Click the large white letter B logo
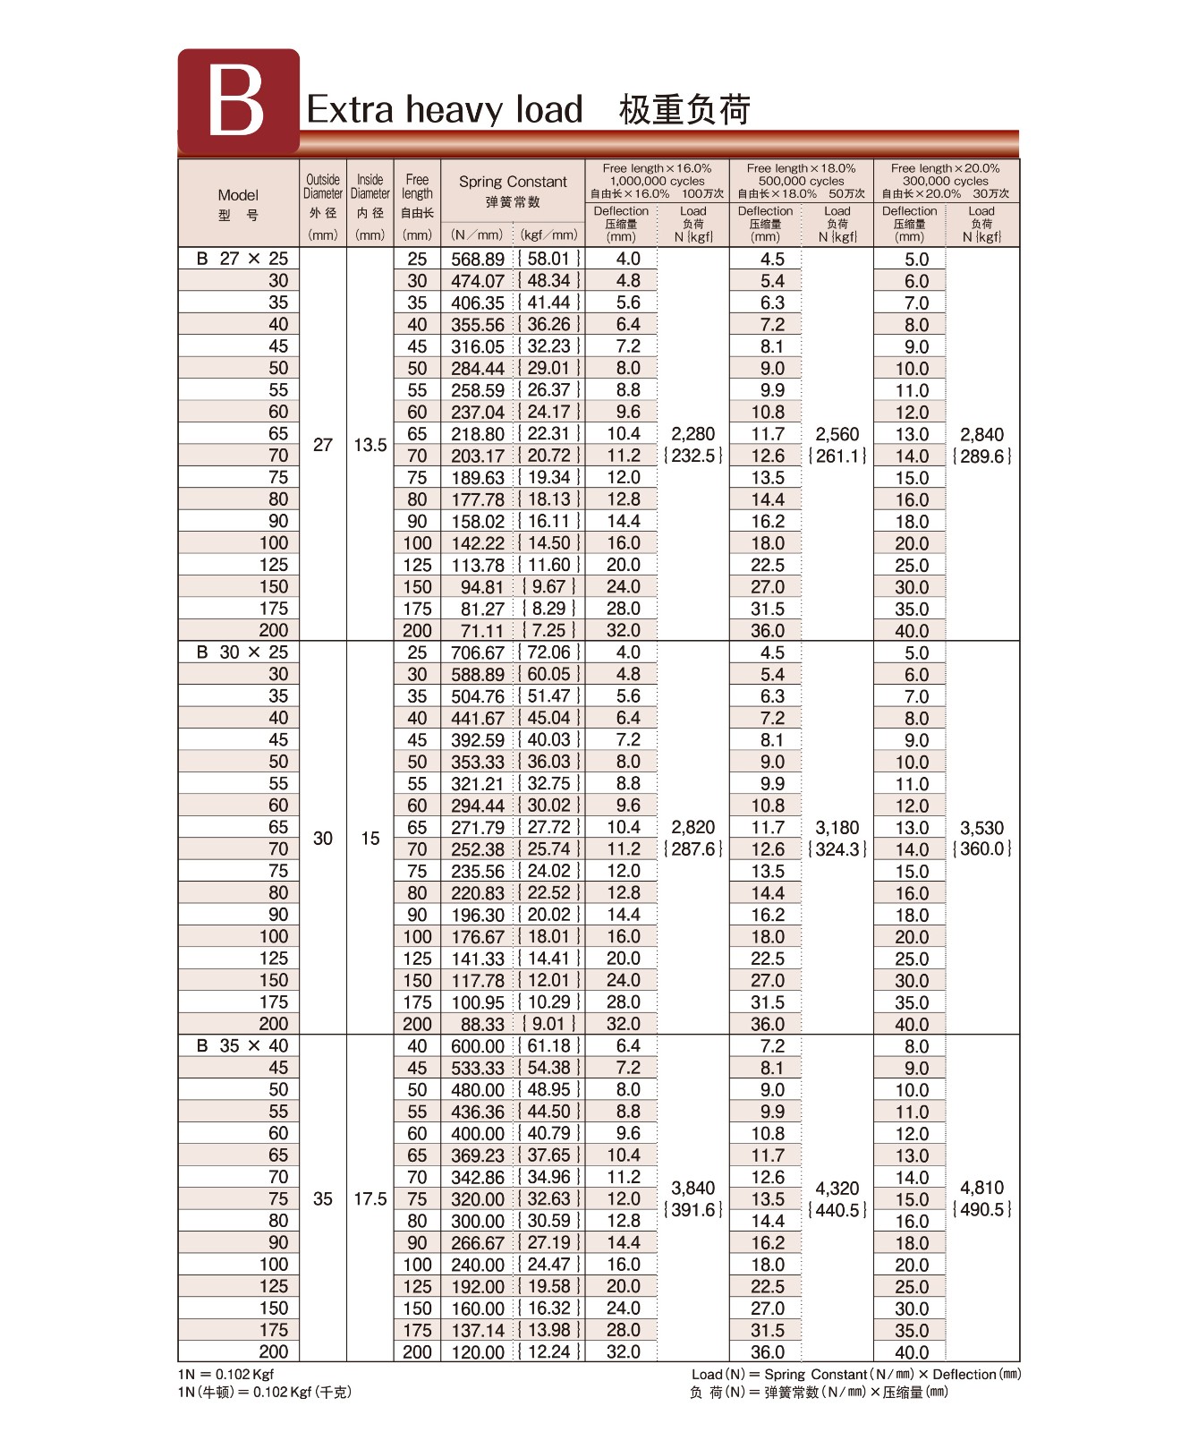pos(236,101)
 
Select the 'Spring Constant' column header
pos(513,182)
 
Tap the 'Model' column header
pos(238,194)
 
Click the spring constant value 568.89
pos(478,259)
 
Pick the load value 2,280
pos(693,434)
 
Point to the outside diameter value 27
pos(323,445)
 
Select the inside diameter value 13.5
pos(370,445)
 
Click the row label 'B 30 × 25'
pos(242,652)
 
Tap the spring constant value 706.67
pos(478,652)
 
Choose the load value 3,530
pos(981,828)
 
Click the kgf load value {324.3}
pos(837,849)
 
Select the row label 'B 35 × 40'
pos(242,1045)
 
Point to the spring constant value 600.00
pos(478,1046)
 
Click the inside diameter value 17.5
pos(370,1198)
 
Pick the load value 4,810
pos(981,1188)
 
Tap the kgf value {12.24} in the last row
pos(549,1351)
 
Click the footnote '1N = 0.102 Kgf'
pos(226,1374)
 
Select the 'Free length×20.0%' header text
pos(946,168)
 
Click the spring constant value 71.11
pos(482,631)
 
